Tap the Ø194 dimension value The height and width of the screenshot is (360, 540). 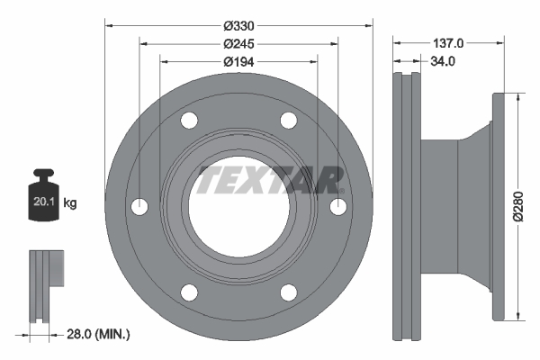tap(238, 60)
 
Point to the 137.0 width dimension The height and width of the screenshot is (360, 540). tap(447, 42)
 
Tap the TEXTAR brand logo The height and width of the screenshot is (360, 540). tap(271, 180)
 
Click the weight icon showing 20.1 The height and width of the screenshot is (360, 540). tap(44, 192)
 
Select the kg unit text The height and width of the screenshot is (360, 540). tap(70, 203)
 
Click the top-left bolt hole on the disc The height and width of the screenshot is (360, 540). tap(189, 121)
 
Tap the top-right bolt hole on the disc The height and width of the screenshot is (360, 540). tap(288, 121)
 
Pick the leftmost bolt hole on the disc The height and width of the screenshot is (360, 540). tap(139, 207)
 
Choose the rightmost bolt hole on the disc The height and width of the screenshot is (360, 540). tap(338, 207)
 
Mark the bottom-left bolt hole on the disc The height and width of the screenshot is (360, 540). tap(189, 292)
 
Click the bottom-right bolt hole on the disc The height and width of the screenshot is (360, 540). tap(288, 292)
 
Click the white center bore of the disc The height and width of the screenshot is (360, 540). tap(238, 207)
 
